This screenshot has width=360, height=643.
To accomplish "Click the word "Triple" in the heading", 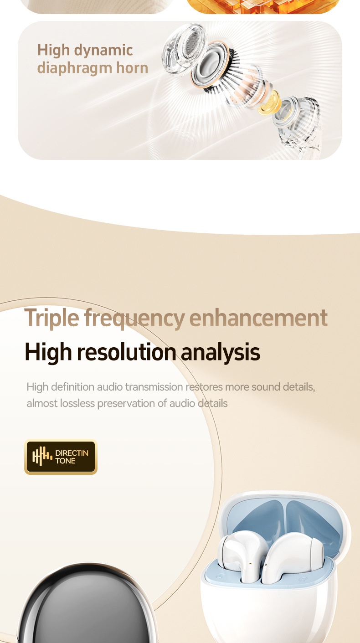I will coord(51,318).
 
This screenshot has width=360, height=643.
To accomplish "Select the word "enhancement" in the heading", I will coord(258,318).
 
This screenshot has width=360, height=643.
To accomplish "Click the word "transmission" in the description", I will coord(154,387).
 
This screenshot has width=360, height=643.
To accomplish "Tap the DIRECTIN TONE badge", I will coord(61,457).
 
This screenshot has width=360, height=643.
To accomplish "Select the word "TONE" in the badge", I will coord(65,461).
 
